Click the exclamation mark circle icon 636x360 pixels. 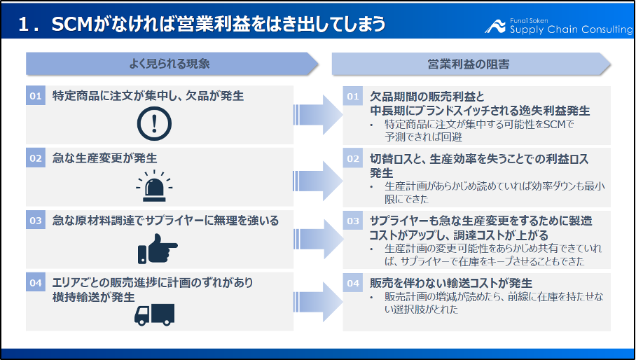[154, 124]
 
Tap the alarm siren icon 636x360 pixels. [154, 186]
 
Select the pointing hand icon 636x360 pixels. [158, 249]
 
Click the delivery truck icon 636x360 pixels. [155, 314]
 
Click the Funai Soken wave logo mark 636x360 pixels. [495, 27]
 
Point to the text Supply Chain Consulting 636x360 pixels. [571, 29]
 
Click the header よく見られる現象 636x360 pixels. [169, 64]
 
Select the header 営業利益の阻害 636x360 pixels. [469, 64]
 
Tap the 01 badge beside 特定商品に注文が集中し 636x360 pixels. [36, 96]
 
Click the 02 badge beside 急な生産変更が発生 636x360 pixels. [36, 158]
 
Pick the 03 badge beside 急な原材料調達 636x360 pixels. [36, 221]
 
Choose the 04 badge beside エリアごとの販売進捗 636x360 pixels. [36, 282]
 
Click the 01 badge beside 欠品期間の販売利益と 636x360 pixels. [353, 97]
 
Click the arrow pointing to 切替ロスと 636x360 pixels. [318, 181]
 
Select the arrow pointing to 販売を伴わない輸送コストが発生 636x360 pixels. [318, 302]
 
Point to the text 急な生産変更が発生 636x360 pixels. [104, 158]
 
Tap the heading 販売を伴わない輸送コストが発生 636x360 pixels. [451, 283]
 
